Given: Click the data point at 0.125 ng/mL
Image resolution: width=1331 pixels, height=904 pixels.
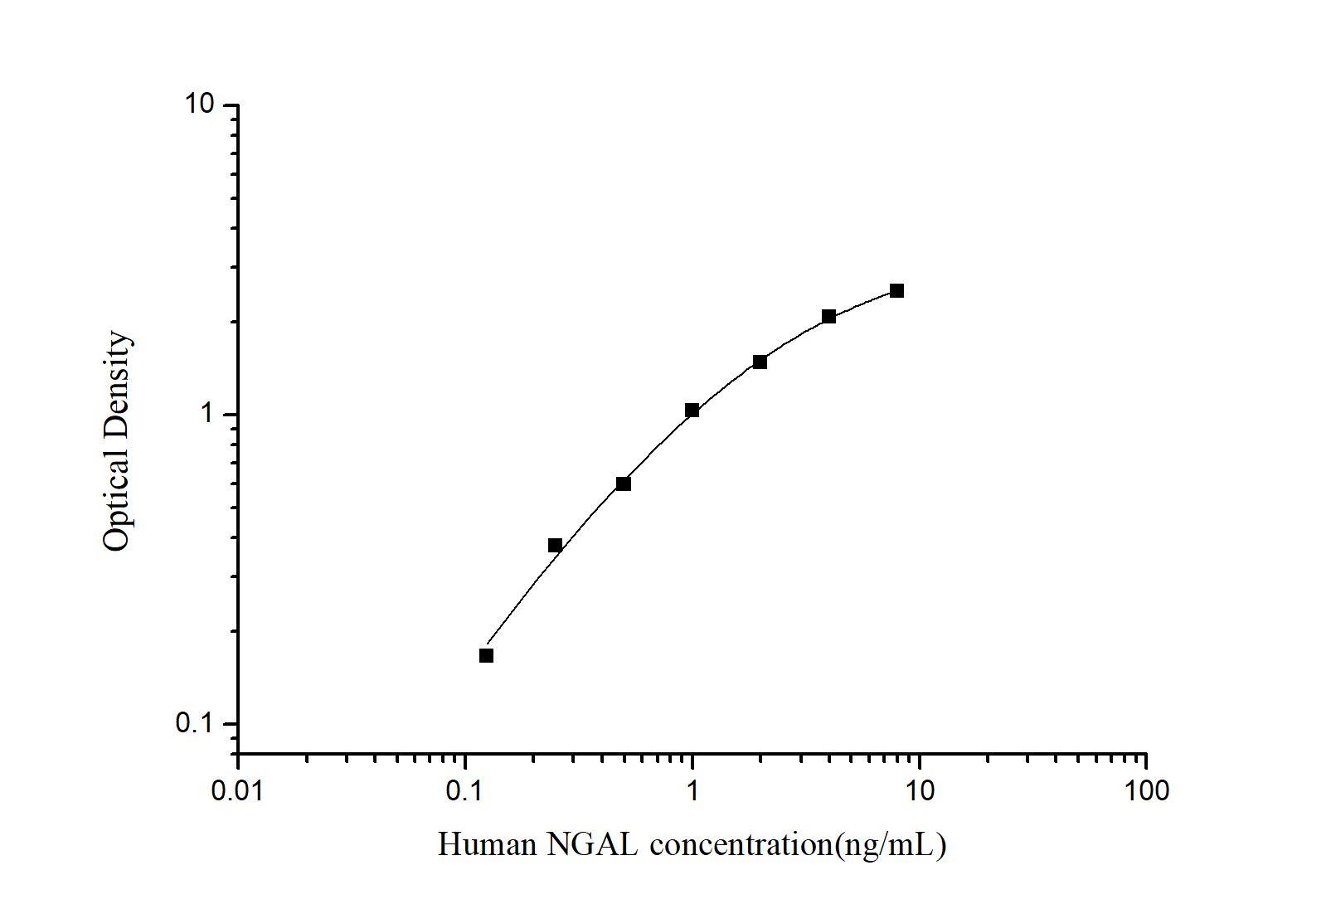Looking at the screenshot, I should [486, 655].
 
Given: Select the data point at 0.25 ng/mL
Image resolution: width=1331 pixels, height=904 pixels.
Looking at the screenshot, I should [555, 545].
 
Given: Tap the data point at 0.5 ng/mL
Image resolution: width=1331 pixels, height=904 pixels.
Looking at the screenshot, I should [624, 484].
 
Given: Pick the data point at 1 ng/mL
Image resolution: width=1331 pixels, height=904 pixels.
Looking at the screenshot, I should [692, 410].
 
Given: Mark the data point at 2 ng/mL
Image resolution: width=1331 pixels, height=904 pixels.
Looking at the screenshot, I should [760, 362].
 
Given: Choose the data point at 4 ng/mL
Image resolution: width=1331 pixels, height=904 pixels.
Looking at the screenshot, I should [828, 316].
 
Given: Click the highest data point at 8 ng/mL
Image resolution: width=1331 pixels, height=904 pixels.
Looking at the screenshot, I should [896, 290].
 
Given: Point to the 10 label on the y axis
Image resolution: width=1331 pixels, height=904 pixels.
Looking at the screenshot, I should [198, 104].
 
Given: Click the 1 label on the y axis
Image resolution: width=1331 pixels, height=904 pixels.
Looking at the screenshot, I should [208, 414].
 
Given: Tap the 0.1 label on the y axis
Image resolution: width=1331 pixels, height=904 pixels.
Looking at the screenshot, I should [194, 723].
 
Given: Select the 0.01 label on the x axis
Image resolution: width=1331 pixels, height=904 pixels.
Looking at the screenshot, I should [238, 790].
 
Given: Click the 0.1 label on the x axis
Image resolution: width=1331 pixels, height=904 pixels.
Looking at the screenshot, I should [465, 790].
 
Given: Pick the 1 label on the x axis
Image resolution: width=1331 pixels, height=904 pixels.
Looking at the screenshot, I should [692, 790].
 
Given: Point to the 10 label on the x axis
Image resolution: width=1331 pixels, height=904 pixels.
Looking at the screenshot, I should [919, 790].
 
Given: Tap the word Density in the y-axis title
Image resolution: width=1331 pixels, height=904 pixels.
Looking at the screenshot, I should [116, 382].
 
